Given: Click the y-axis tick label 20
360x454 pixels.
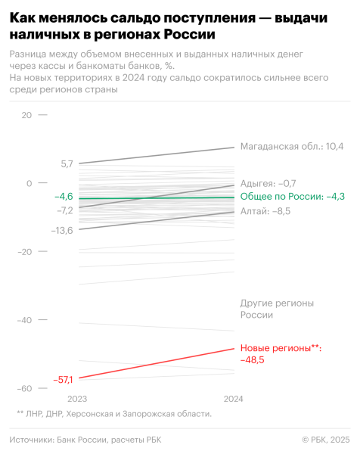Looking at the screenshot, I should pos(26,115).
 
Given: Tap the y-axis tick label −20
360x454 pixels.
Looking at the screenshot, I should pos(25,251).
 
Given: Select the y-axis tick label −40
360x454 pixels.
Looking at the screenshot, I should pos(25,320).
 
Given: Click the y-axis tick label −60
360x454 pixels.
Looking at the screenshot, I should pos(25,388).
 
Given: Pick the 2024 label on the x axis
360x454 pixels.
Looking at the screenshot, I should pos(234,399).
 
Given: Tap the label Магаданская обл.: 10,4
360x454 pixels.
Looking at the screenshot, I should pos(291,146).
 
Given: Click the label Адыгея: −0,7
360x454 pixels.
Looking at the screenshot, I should pos(268,183).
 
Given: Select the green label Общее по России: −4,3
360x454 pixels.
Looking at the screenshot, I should pos(293,197).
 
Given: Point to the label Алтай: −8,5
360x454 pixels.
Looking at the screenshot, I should pos(265,211).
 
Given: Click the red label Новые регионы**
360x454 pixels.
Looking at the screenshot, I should pos(281,348).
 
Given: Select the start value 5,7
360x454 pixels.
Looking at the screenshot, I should pos(67,163).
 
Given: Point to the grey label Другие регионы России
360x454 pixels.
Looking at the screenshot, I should pos(276,309).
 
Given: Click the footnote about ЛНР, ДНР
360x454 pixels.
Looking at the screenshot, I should pos(114,414).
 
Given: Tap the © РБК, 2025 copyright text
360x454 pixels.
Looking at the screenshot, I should pos(326,440).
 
